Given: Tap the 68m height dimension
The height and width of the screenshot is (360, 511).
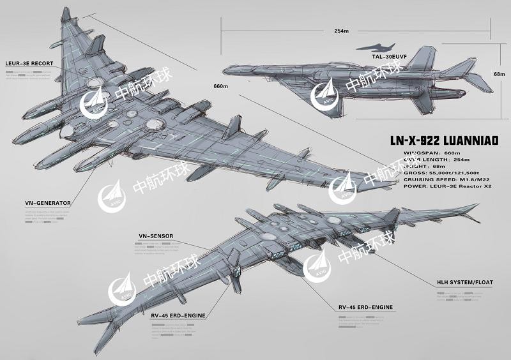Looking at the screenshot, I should coord(500,74).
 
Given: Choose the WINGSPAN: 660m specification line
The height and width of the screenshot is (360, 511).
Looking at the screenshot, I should coord(423,154).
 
